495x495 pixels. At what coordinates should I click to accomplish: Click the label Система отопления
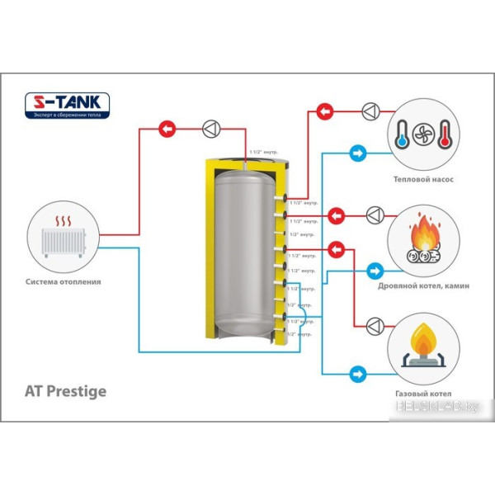(x=64, y=281)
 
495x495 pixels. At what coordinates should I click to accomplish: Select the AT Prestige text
(x=73, y=390)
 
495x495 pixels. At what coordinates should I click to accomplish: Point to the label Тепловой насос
(x=424, y=178)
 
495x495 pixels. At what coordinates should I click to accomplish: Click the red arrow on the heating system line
(x=167, y=129)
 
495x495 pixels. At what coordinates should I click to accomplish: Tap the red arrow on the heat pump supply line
(x=327, y=111)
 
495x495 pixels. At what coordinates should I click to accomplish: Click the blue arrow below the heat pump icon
(x=358, y=153)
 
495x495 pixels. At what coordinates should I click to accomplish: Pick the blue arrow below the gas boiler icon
(x=358, y=372)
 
